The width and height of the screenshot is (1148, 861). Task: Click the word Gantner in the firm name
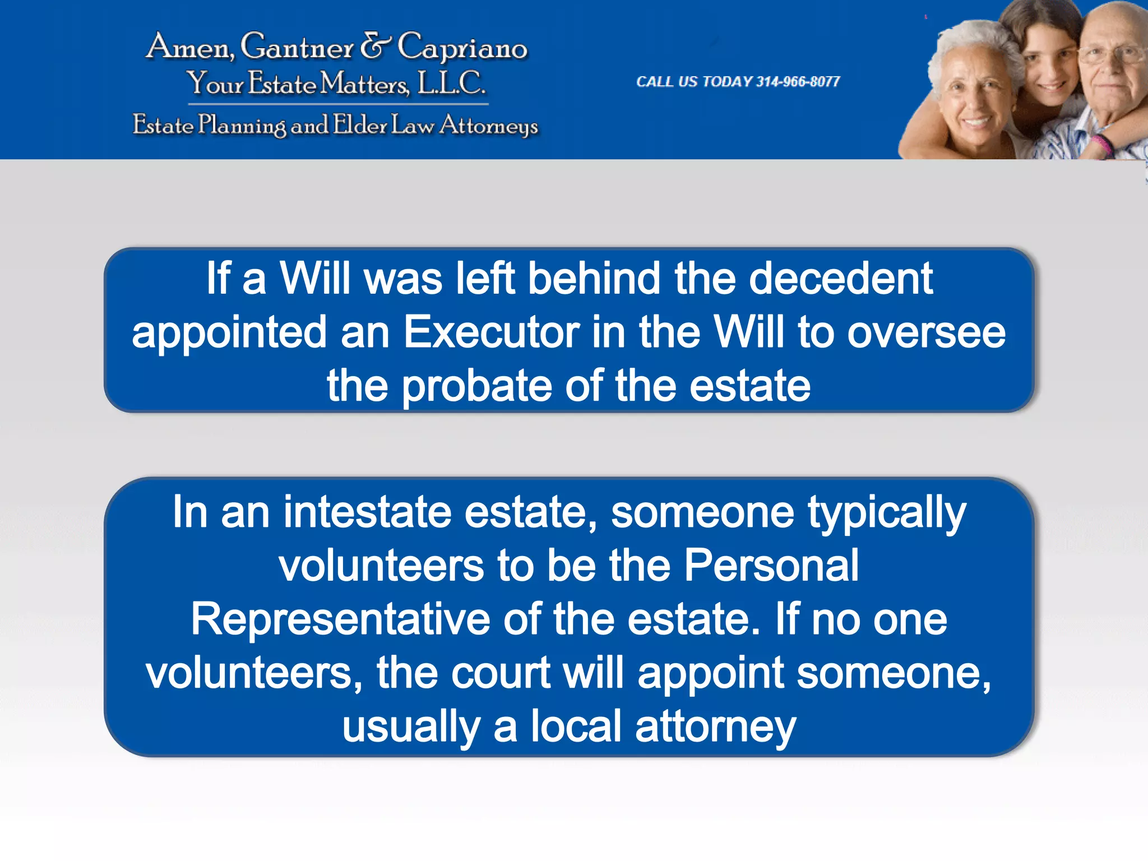tap(297, 47)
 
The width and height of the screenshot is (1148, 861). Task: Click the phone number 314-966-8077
tap(798, 82)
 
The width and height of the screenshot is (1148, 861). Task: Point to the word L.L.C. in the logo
tap(452, 84)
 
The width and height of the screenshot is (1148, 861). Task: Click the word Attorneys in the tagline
tap(489, 126)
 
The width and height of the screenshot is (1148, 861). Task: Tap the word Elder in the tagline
tap(360, 124)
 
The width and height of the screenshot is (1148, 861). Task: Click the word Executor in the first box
tap(491, 332)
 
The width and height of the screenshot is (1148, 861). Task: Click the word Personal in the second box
tap(771, 565)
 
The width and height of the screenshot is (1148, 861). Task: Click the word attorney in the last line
tap(715, 726)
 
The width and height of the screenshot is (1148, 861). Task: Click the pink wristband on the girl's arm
tap(1103, 145)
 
